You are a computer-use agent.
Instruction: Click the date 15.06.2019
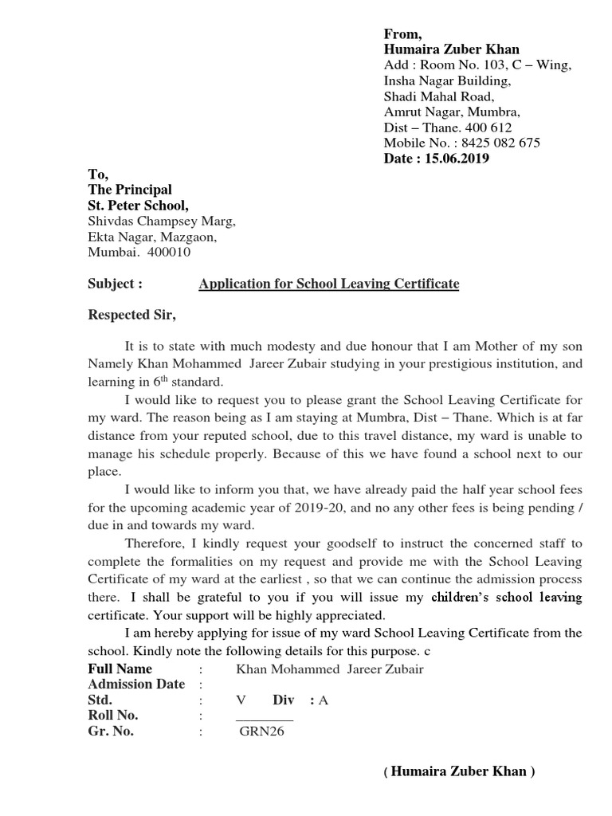[457, 159]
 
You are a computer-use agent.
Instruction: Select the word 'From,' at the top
[402, 33]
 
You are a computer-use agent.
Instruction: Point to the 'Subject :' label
[115, 284]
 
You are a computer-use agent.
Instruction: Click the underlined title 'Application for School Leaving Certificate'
[328, 284]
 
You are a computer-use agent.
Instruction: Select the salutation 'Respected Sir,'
[131, 315]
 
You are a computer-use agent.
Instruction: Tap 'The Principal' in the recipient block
[129, 190]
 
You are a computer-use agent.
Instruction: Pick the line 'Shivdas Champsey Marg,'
[161, 222]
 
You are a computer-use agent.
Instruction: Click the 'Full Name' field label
[120, 669]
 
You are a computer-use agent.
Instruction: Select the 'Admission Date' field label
[135, 685]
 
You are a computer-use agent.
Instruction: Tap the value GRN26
[261, 732]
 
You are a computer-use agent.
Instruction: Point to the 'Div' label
[284, 700]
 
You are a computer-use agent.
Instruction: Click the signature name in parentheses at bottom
[459, 771]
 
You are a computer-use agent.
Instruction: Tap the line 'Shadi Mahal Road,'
[436, 96]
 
